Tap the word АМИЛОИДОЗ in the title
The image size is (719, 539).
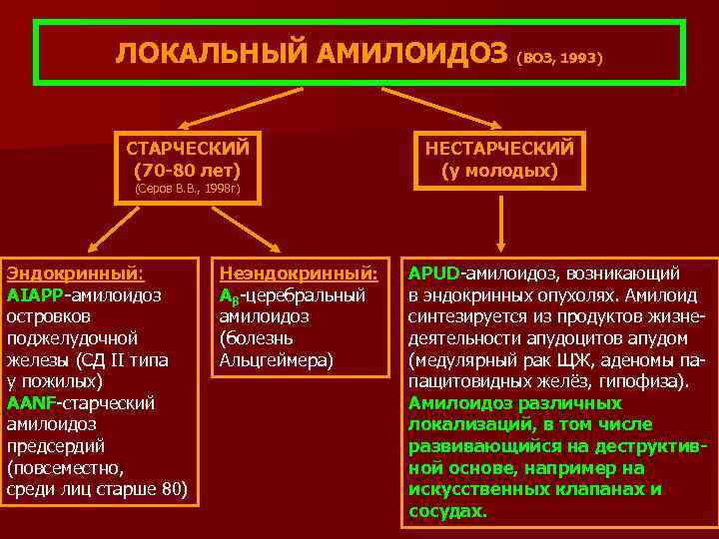(x=412, y=55)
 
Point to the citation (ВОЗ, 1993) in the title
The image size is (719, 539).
(x=560, y=58)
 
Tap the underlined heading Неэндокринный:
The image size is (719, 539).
(x=299, y=272)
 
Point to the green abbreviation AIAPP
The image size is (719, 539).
(x=34, y=294)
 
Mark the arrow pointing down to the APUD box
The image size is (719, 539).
(x=499, y=225)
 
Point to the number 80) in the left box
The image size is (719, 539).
(x=173, y=489)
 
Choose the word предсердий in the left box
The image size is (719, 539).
(x=55, y=445)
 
